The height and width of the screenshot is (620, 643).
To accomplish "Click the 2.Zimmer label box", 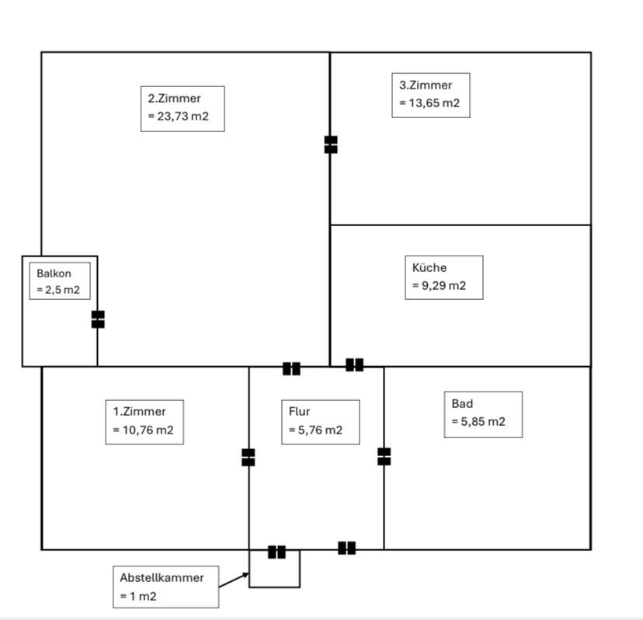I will [182, 109].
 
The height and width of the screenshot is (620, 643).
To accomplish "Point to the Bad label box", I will [482, 414].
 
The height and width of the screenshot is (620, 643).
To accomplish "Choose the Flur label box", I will [319, 422].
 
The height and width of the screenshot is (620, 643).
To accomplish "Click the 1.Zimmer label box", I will [144, 421].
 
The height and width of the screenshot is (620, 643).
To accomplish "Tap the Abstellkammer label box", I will [165, 587].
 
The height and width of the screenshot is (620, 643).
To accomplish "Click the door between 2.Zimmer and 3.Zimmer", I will [331, 145].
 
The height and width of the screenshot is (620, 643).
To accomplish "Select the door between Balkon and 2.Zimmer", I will [98, 319].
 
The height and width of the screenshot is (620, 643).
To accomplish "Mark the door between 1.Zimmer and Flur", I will [249, 457].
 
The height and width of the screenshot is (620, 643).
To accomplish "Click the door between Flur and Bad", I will [384, 456].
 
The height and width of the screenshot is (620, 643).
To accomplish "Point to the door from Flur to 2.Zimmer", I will [291, 368].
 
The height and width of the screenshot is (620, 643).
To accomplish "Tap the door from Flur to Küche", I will [354, 364].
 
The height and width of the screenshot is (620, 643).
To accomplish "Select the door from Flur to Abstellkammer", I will [276, 552].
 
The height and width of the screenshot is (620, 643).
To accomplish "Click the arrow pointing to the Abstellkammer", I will [234, 580].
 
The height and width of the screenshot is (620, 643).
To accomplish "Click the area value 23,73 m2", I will [179, 119].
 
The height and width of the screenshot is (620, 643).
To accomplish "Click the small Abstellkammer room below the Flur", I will [274, 572].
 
